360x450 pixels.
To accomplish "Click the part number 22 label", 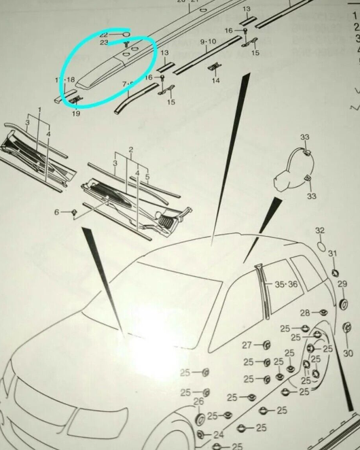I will [104, 33].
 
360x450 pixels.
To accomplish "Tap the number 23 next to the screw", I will [104, 42].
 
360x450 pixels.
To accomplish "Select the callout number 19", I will [75, 114].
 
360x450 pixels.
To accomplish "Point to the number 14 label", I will [215, 80].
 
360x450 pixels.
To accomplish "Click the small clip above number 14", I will [215, 65].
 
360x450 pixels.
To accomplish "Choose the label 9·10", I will [208, 41].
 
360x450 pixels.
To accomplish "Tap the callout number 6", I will [58, 212].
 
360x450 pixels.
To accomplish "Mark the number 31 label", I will [332, 254].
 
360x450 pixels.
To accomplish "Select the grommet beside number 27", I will [266, 344].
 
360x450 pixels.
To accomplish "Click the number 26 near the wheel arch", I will [198, 402].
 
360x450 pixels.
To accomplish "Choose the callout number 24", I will [217, 434].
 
